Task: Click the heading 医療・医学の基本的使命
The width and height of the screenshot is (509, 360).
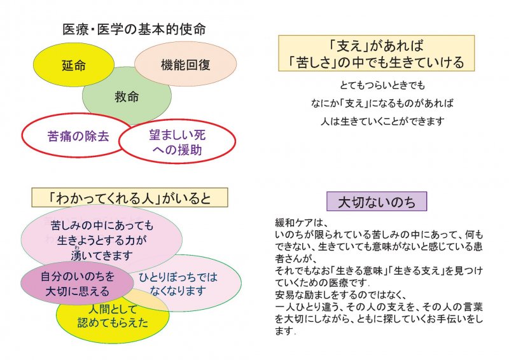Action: pos(134,29)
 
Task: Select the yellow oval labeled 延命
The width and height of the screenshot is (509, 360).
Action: pos(74,65)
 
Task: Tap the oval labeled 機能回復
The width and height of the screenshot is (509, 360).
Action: pos(185,64)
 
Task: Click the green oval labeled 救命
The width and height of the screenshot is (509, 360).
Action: pos(127,96)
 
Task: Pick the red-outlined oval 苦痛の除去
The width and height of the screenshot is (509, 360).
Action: pos(78,135)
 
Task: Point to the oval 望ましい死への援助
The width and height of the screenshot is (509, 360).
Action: pos(178,142)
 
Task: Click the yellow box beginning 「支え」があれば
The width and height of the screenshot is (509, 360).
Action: pos(377,53)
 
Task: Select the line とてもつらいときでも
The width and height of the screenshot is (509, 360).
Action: pos(382,85)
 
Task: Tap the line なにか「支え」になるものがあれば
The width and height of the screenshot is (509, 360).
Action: pos(382,103)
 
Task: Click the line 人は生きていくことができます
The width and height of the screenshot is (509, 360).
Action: pos(382,121)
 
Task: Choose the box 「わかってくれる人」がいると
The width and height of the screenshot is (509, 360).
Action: pos(130,197)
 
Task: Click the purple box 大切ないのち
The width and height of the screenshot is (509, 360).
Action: pos(377,202)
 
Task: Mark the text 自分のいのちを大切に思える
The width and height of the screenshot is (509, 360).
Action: pos(78,284)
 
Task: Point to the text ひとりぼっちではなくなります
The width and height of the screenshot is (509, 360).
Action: pos(178,284)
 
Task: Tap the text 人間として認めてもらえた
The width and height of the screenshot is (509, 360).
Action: pos(113,315)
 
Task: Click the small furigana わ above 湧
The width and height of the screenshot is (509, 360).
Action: pos(77,248)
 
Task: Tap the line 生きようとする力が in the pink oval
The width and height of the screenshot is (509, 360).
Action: pos(102,240)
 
